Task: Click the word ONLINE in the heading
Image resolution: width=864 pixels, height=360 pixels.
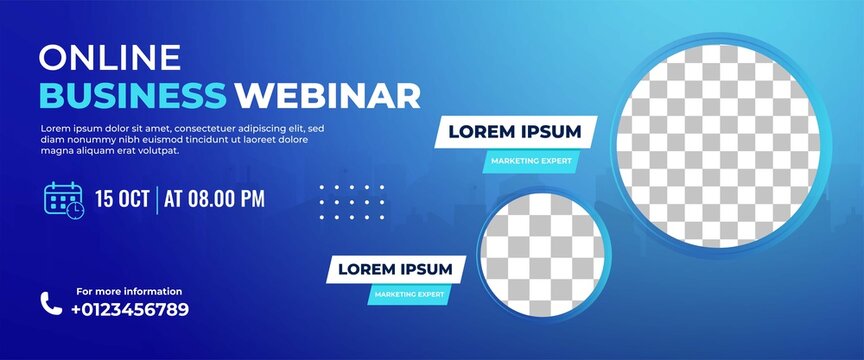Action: pyautogui.click(x=110, y=58)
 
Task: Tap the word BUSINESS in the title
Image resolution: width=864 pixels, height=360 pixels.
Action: pyautogui.click(x=133, y=95)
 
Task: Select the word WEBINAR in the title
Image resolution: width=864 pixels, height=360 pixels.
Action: pyautogui.click(x=328, y=95)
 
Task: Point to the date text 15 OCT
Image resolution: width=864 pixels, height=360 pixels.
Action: pyautogui.click(x=122, y=198)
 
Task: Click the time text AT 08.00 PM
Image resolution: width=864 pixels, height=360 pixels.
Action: pyautogui.click(x=214, y=198)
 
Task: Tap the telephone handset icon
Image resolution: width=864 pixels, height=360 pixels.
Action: pyautogui.click(x=50, y=302)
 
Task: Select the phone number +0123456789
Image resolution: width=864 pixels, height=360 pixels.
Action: pyautogui.click(x=129, y=309)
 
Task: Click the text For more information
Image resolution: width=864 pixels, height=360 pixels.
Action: pyautogui.click(x=129, y=291)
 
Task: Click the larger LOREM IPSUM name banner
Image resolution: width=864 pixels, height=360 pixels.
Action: pyautogui.click(x=514, y=132)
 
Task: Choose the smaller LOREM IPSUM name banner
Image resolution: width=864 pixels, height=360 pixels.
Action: pyautogui.click(x=394, y=269)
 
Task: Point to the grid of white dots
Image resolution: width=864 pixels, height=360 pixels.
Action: pyautogui.click(x=351, y=202)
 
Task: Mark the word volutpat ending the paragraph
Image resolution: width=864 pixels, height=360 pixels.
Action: pyautogui.click(x=158, y=151)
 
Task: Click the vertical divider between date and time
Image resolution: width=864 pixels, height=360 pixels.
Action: pyautogui.click(x=157, y=198)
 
